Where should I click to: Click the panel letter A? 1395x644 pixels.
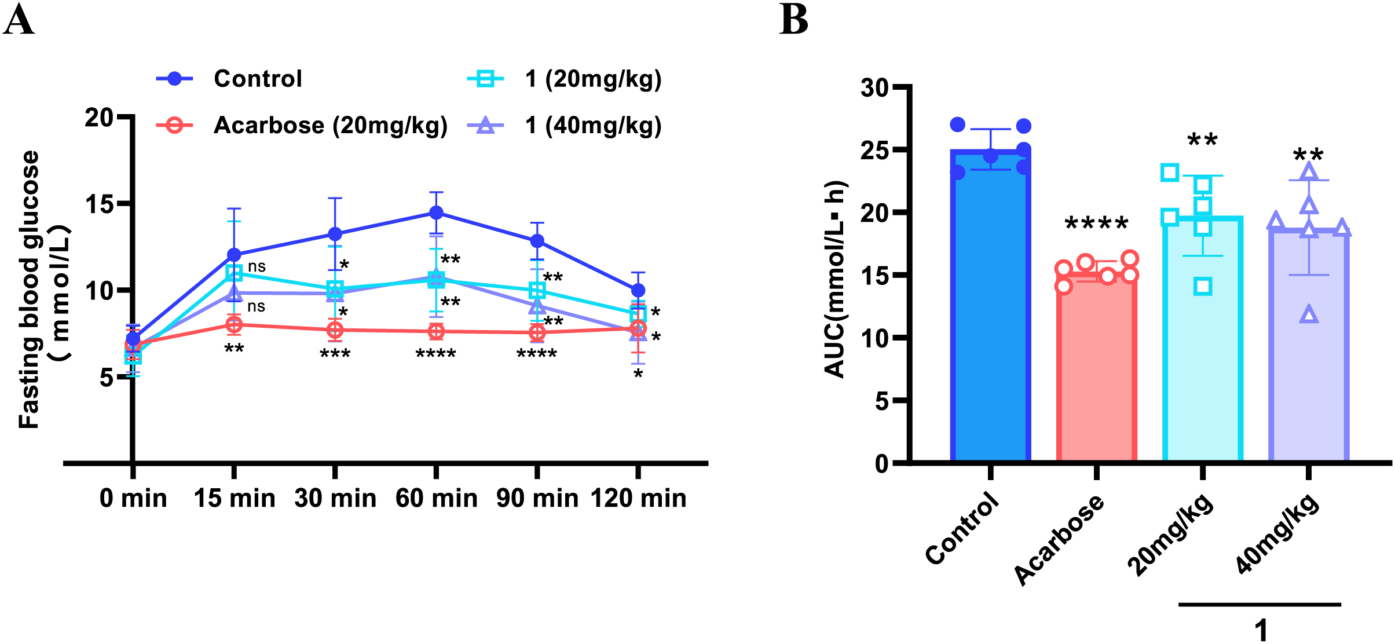coord(19,20)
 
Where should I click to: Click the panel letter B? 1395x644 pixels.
coord(793,20)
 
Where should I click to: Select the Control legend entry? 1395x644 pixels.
coord(257,79)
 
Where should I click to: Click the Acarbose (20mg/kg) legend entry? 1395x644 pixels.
coord(330,125)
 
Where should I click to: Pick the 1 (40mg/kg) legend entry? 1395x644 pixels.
coord(593,125)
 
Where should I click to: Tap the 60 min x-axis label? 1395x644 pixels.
coord(436,498)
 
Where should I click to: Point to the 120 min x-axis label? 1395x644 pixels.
coord(638,498)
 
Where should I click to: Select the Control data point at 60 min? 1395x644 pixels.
coord(436,213)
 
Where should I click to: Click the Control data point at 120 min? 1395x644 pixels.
coord(638,290)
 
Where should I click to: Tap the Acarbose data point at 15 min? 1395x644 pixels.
coord(234,324)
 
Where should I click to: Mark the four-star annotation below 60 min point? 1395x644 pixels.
coord(436,354)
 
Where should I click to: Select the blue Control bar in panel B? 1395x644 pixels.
coord(990,307)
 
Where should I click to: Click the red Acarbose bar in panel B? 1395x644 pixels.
coord(1096,371)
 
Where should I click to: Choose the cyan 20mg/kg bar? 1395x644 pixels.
coord(1202,342)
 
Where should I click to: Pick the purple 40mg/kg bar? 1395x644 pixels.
coord(1308,347)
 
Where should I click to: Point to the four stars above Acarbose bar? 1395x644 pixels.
coord(1096,224)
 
